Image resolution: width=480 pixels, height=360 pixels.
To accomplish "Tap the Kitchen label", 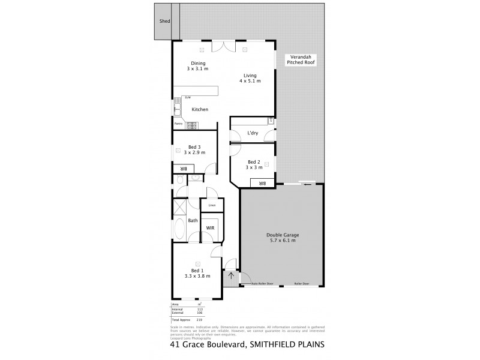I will [200, 110].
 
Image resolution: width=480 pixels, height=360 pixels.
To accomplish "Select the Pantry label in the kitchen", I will [178, 124].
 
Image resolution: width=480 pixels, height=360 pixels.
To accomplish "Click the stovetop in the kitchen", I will [192, 125].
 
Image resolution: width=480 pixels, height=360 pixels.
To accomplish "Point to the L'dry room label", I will [253, 133].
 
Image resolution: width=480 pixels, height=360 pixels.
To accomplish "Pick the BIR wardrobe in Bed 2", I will [262, 184].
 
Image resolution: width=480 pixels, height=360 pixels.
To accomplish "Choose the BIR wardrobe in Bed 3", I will [183, 169].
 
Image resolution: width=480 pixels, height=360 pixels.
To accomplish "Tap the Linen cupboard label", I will [212, 206].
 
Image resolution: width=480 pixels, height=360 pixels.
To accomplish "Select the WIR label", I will [211, 228].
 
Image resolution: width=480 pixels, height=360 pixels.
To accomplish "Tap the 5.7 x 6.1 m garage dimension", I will [282, 241].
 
